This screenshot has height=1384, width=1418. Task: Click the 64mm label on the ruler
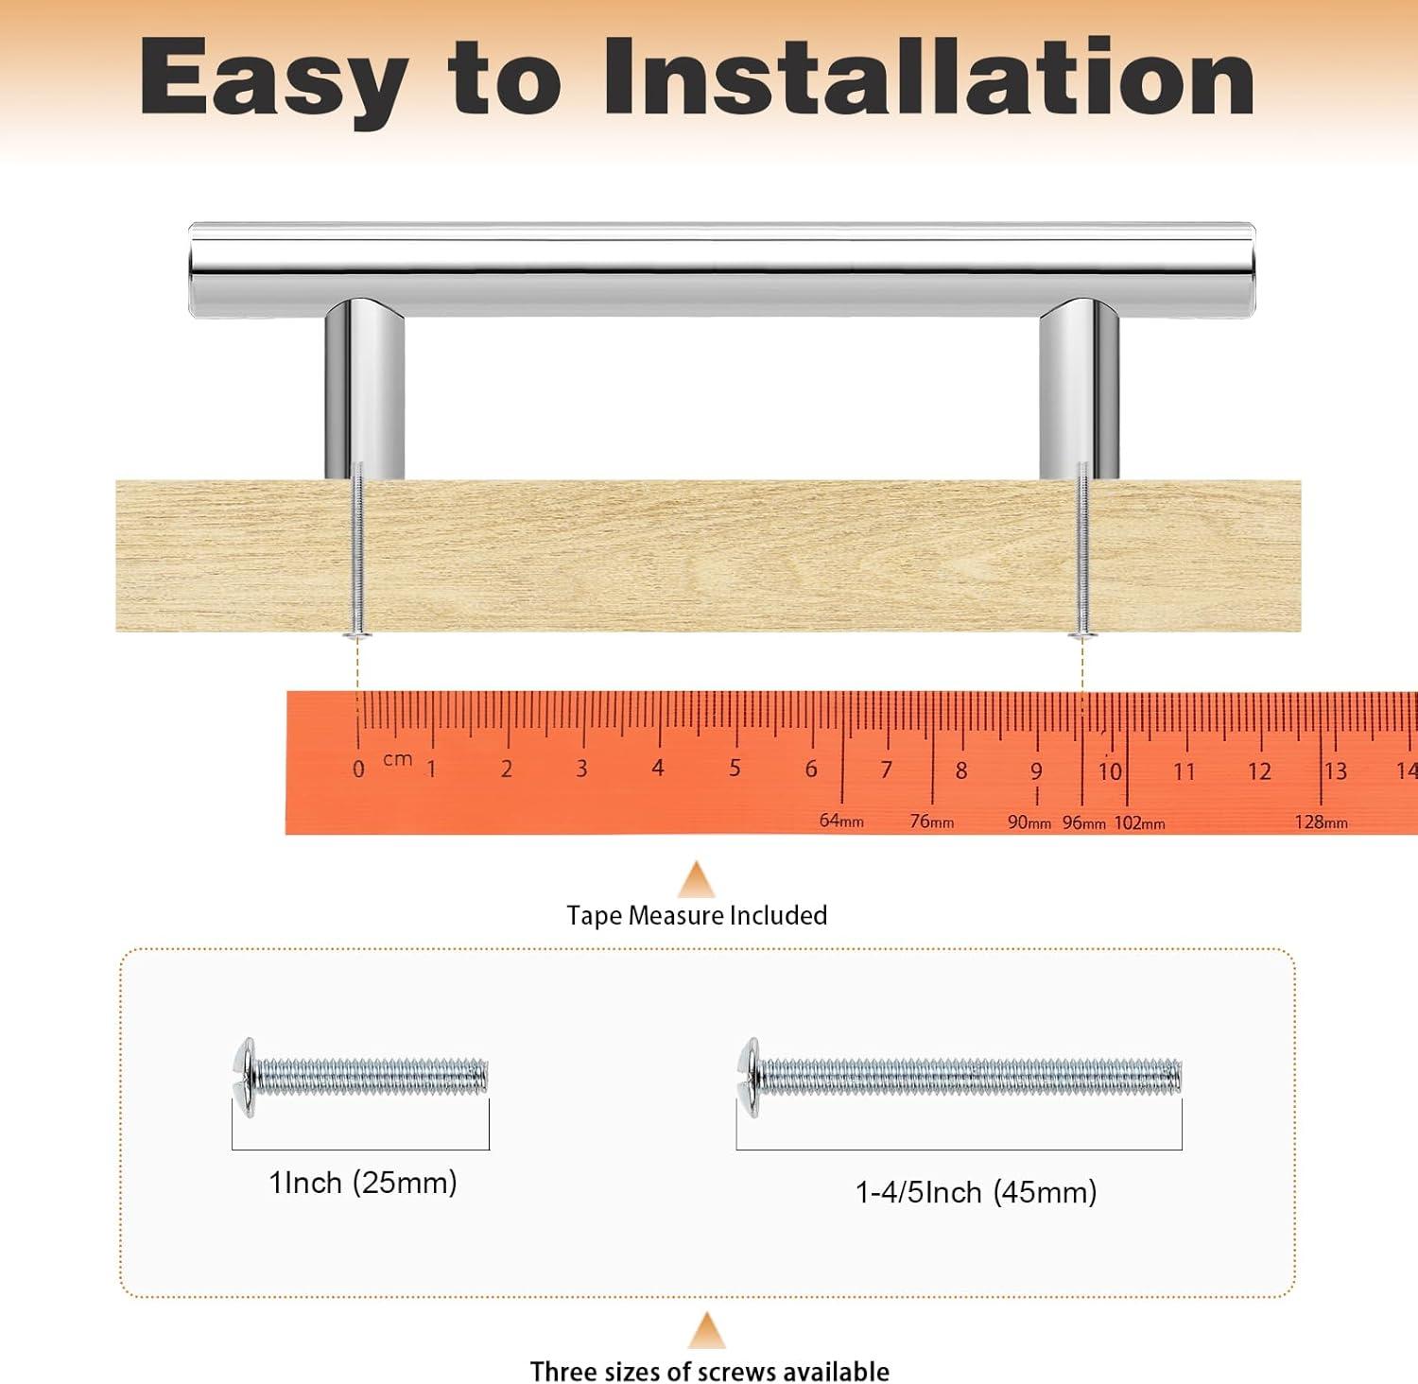tap(841, 821)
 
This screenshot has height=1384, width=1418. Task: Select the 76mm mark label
tap(932, 822)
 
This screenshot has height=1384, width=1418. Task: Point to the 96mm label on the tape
tap(1083, 823)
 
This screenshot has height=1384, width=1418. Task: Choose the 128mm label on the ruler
tap(1322, 822)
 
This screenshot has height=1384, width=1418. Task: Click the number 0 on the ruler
tap(358, 770)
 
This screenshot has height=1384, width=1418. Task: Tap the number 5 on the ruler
tap(735, 767)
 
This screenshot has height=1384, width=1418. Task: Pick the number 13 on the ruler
tap(1335, 770)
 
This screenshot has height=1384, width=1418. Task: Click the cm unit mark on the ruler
tap(398, 759)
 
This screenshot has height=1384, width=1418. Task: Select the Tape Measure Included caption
tap(697, 915)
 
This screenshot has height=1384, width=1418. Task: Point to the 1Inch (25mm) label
tap(363, 1183)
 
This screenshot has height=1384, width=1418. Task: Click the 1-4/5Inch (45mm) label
tap(977, 1192)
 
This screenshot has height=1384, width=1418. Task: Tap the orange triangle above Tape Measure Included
tap(697, 879)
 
